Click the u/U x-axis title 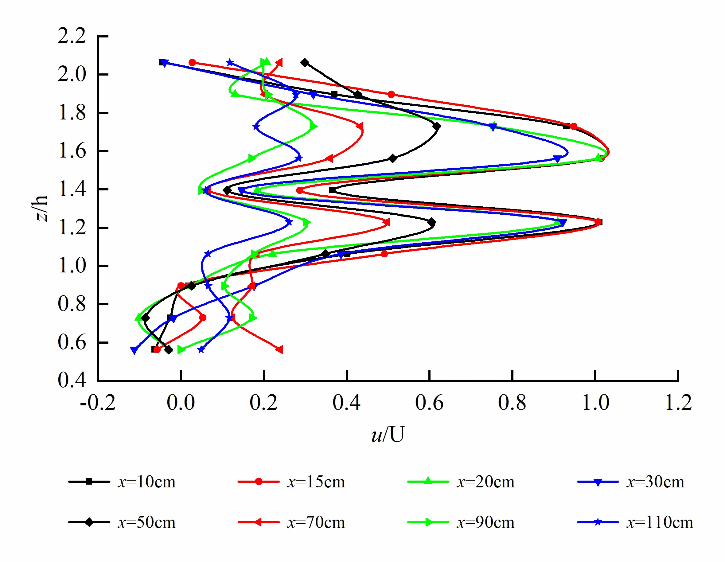388,434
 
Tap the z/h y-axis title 42,208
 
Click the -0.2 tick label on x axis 98,403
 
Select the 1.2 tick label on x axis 678,403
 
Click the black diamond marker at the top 304,62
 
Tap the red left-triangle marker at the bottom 279,349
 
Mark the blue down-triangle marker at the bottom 134,350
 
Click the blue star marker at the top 230,62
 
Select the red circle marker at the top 192,62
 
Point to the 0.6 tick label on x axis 429,403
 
